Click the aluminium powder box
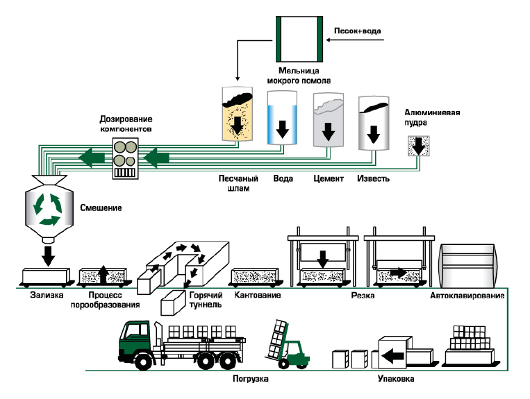[x=417, y=144]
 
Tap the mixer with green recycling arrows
[x=48, y=207]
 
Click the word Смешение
[x=101, y=207]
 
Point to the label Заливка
[x=47, y=295]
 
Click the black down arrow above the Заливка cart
[x=48, y=254]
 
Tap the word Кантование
[x=258, y=295]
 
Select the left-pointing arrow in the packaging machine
[x=392, y=357]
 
